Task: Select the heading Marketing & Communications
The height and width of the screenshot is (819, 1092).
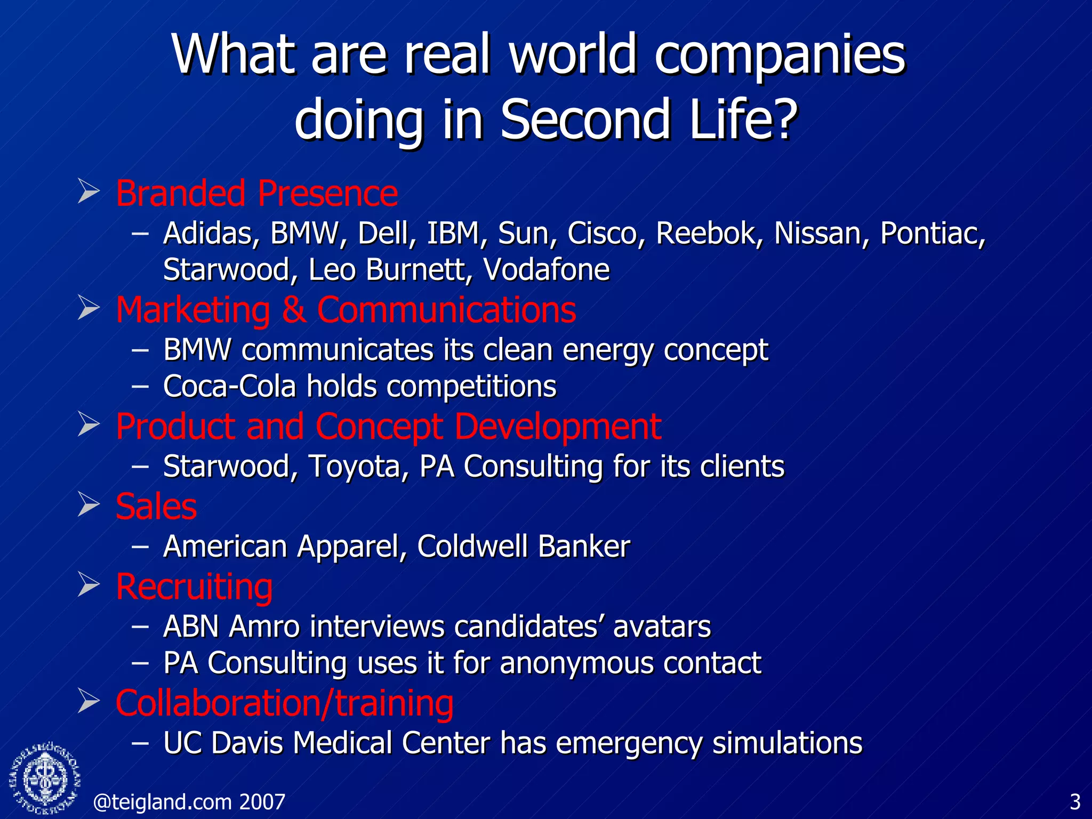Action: point(346,310)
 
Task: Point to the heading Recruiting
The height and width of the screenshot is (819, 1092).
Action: point(194,587)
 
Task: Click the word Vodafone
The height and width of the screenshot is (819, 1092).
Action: point(546,269)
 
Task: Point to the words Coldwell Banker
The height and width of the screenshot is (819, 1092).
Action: point(523,547)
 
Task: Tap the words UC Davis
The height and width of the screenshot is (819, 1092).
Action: point(222,743)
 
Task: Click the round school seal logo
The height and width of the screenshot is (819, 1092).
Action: point(45,778)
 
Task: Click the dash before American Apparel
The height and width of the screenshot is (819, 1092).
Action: point(140,547)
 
